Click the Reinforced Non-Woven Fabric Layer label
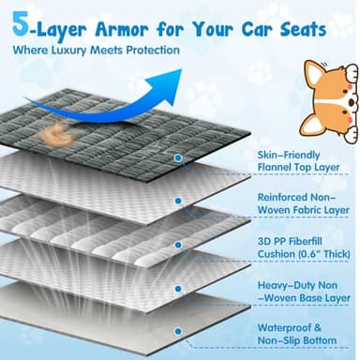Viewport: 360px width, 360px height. click(x=303, y=205)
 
